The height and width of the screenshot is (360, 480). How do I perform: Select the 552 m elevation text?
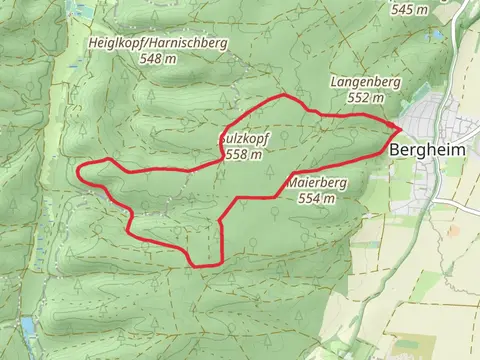pyautogui.click(x=366, y=98)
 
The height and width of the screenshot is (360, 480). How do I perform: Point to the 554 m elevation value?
pyautogui.click(x=316, y=198)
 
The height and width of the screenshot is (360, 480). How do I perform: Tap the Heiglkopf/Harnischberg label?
pyautogui.click(x=158, y=44)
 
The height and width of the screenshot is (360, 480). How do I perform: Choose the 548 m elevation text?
pyautogui.click(x=159, y=59)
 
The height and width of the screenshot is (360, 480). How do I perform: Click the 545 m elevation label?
pyautogui.click(x=410, y=9)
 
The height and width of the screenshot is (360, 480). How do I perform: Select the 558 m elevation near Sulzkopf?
pyautogui.click(x=245, y=155)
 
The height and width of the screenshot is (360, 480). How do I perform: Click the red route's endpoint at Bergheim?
pyautogui.click(x=401, y=129)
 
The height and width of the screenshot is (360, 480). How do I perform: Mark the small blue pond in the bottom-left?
pyautogui.click(x=26, y=325)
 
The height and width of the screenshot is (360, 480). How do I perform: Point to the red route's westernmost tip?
pyautogui.click(x=79, y=169)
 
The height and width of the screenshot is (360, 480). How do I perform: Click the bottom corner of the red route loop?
pyautogui.click(x=195, y=265)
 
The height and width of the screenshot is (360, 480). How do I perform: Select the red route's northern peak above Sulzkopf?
pyautogui.click(x=286, y=96)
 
